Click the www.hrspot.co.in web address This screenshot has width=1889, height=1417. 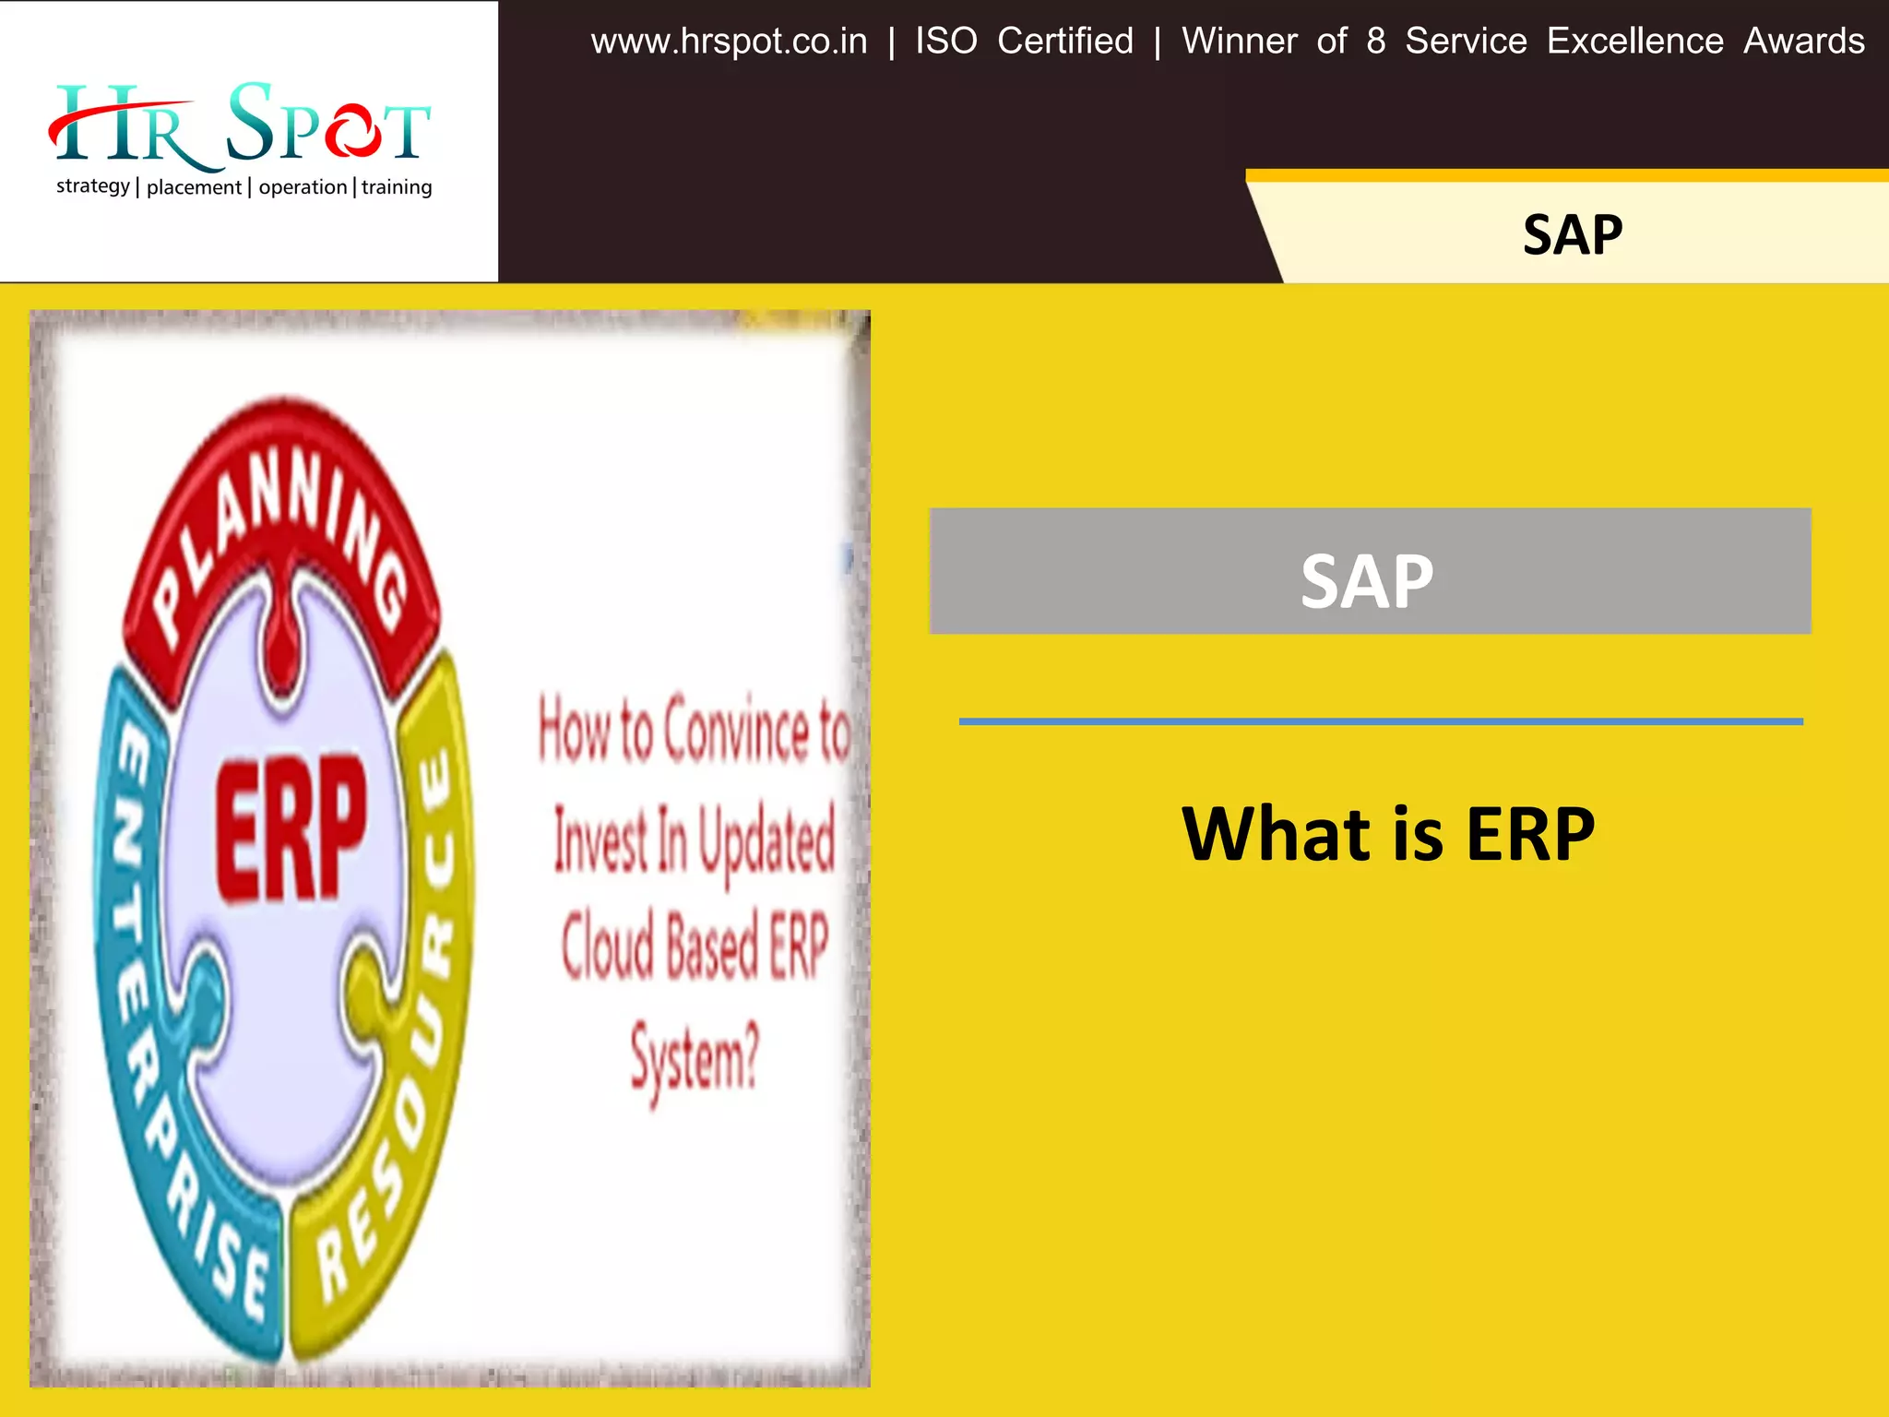[729, 42]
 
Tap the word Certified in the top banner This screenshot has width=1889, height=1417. [1065, 42]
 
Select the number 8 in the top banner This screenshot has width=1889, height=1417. [1375, 42]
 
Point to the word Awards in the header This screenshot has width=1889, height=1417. [1804, 42]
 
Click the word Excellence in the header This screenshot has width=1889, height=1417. [1634, 42]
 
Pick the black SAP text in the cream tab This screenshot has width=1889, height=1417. [1573, 235]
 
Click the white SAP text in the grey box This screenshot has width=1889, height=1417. [1367, 582]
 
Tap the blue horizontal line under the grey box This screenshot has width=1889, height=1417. [1381, 721]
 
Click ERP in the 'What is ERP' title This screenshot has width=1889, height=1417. [1530, 834]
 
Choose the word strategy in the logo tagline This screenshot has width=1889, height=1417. [92, 187]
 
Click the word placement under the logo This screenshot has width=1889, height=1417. [194, 187]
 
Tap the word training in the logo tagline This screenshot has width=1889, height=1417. [397, 187]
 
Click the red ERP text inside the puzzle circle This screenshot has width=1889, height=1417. [291, 828]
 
